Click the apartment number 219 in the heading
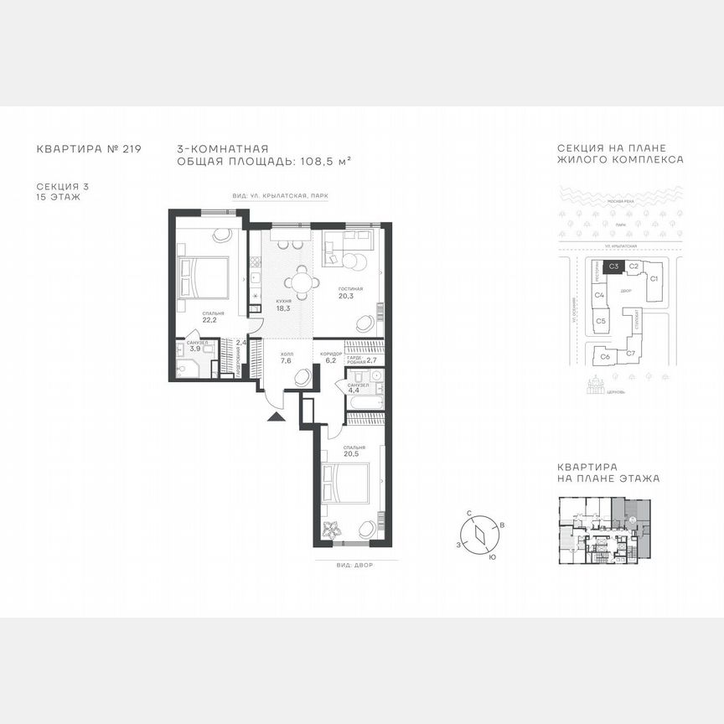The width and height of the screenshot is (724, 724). pyautogui.click(x=132, y=149)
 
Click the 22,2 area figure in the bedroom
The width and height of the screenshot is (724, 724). pyautogui.click(x=209, y=318)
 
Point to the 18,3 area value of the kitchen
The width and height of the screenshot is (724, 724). pyautogui.click(x=282, y=308)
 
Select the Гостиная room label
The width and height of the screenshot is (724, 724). pyautogui.click(x=350, y=287)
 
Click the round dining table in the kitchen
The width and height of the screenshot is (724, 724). pyautogui.click(x=302, y=282)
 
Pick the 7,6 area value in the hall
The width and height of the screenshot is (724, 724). pyautogui.click(x=286, y=361)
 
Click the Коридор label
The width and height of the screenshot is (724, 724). pyautogui.click(x=331, y=354)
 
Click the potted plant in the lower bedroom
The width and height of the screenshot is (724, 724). pyautogui.click(x=332, y=530)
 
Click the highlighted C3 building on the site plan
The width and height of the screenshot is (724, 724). pyautogui.click(x=613, y=266)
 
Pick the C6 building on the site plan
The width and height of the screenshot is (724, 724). pyautogui.click(x=605, y=356)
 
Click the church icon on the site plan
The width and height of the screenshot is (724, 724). pyautogui.click(x=597, y=387)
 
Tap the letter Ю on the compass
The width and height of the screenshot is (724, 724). pyautogui.click(x=491, y=556)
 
